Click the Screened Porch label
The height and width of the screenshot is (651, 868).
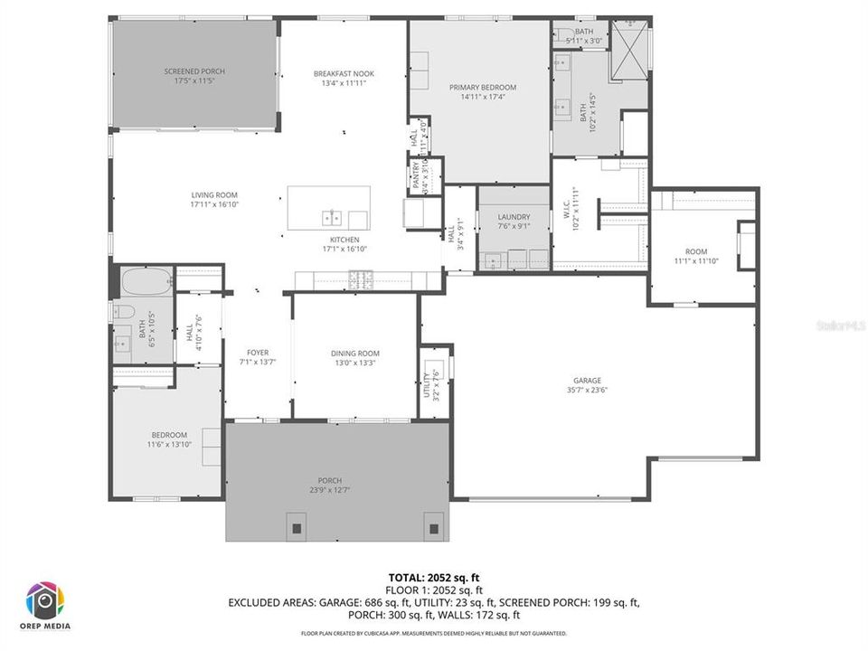pos(194,71)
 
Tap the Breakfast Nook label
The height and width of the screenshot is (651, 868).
pos(344,73)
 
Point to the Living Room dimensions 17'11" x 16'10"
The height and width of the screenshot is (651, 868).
pos(213,204)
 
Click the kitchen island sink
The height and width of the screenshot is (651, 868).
pos(332,217)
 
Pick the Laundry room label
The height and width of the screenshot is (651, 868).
pos(514,217)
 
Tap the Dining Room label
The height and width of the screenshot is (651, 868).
pos(355,354)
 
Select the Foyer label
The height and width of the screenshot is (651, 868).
pos(259,353)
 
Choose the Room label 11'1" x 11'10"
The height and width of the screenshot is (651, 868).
pos(695,251)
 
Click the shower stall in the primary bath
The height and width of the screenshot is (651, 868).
pos(630,50)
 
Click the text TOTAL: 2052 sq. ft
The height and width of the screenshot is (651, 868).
pos(433,576)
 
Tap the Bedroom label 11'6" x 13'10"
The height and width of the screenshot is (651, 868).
pos(169,435)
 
